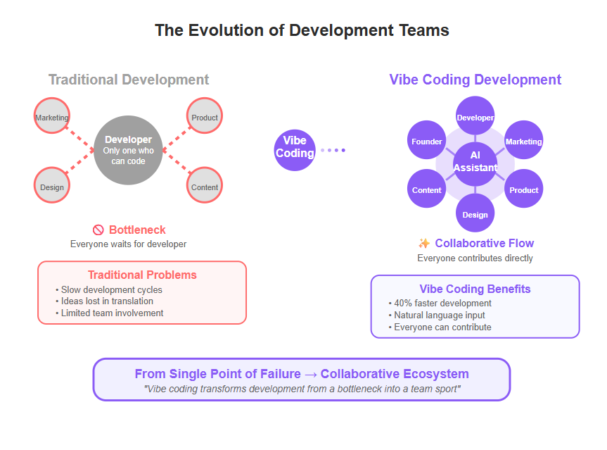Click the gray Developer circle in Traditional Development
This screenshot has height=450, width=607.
pos(128,150)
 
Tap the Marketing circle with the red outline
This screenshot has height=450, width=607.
pos(52,115)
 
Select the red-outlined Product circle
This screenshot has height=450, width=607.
pos(205,115)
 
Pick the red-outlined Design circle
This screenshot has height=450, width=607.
pos(52,185)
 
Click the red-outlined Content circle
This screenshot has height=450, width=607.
pos(205,185)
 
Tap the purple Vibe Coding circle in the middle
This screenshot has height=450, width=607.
pos(295,150)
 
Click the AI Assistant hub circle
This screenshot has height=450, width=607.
pos(475,164)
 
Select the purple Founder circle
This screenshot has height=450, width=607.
pos(427,140)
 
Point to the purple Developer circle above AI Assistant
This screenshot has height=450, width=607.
pos(475,115)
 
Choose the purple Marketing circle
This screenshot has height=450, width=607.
pos(524,140)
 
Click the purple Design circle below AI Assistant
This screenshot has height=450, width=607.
pos(475,213)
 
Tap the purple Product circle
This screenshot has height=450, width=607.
pos(524,188)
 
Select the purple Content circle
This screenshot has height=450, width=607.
pos(427,188)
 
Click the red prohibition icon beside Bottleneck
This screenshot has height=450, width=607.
pos(98,230)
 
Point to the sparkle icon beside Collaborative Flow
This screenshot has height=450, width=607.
pos(424,243)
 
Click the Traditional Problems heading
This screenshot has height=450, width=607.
pos(142,275)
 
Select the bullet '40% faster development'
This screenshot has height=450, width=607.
pos(440,303)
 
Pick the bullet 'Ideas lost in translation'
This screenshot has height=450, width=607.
pos(104,301)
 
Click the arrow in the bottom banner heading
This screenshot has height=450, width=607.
pos(310,375)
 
